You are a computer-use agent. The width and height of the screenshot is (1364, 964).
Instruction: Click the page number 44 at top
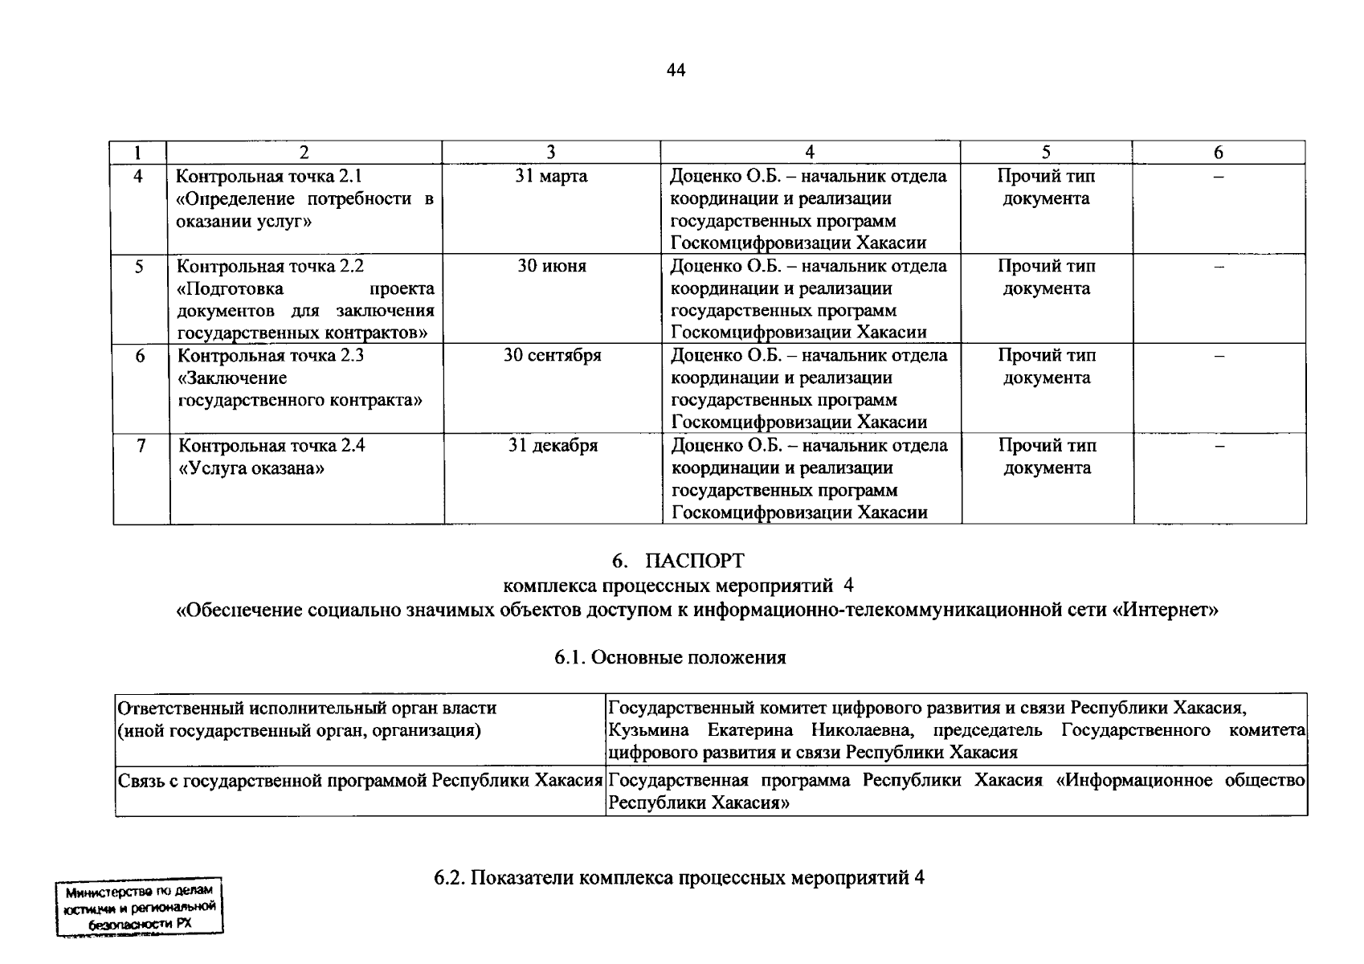coord(676,71)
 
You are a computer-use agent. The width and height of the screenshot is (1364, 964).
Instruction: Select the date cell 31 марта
coord(551,176)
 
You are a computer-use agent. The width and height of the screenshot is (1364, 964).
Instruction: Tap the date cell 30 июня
coord(551,266)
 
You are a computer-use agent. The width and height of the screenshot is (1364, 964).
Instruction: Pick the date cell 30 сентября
coord(552,355)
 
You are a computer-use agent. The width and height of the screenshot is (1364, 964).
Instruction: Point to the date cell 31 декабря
coord(552,445)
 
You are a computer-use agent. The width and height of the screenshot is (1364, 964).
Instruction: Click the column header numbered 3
coord(551,153)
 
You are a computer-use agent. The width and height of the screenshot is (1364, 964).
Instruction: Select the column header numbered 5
coord(1046,153)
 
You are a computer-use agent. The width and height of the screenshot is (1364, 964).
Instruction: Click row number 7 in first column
coord(141,445)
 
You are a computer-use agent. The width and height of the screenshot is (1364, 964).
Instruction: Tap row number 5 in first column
coord(139,266)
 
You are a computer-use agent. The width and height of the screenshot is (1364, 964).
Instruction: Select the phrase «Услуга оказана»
coord(251,468)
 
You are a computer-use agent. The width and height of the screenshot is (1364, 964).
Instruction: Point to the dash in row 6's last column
coord(1219,355)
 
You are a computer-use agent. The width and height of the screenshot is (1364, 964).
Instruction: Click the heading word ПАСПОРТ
coord(694,561)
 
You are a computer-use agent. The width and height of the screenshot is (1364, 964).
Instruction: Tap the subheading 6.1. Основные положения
coord(669,658)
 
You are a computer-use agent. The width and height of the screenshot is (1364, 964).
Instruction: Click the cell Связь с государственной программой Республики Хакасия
coord(360,781)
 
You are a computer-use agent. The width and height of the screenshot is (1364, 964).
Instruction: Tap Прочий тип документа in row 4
coord(1046,187)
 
